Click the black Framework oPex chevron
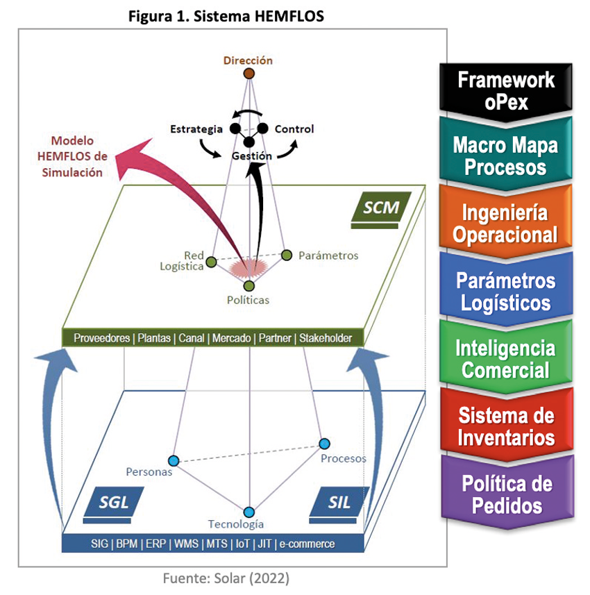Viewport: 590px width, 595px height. pyautogui.click(x=505, y=90)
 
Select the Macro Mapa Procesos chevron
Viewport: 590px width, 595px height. pyautogui.click(x=505, y=156)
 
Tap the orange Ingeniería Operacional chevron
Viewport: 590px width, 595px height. pyautogui.click(x=505, y=224)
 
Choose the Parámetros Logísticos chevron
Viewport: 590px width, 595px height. pyautogui.click(x=505, y=292)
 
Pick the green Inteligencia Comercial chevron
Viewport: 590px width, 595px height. pyautogui.click(x=505, y=358)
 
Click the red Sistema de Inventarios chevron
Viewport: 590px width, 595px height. pyautogui.click(x=505, y=426)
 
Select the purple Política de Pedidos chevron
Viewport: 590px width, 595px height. pyautogui.click(x=505, y=494)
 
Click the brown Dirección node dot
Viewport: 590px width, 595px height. pyautogui.click(x=248, y=74)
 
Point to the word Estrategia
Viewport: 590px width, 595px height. pyautogui.click(x=196, y=129)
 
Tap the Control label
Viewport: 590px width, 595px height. pyautogui.click(x=294, y=129)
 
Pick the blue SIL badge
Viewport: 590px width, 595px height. pyautogui.click(x=339, y=501)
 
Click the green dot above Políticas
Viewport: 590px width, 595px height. pyautogui.click(x=249, y=285)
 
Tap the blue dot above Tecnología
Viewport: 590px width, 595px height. pyautogui.click(x=249, y=512)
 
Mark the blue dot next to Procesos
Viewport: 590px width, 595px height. pyautogui.click(x=324, y=444)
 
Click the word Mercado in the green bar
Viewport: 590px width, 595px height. pyautogui.click(x=231, y=339)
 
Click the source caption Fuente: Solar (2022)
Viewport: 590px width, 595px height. pyautogui.click(x=226, y=578)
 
